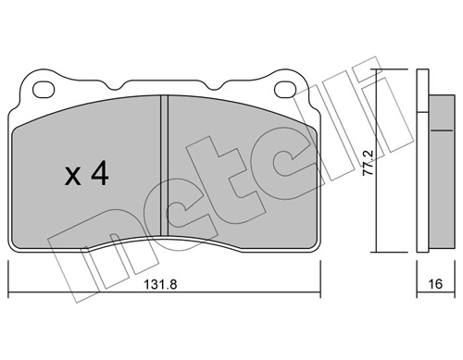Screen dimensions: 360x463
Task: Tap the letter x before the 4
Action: coord(75,178)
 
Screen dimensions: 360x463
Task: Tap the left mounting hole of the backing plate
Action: coord(42,90)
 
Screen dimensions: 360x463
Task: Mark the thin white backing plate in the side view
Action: coord(419,162)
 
